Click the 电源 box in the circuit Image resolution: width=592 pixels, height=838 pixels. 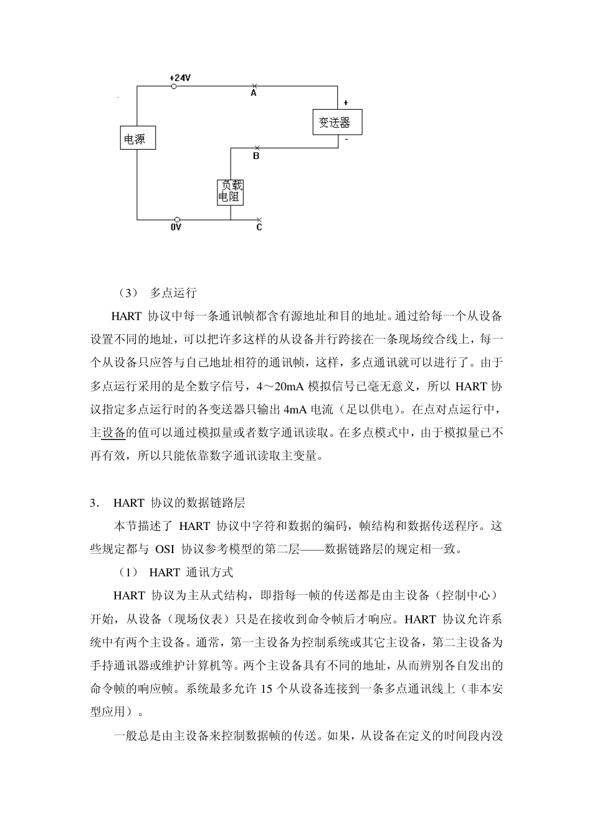point(137,138)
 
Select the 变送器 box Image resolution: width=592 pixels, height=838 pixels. point(337,122)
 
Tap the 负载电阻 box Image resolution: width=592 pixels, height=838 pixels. point(230,192)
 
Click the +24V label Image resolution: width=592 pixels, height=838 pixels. point(180,77)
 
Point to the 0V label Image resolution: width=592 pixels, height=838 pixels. point(176,228)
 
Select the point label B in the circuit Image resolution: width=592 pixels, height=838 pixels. point(256,157)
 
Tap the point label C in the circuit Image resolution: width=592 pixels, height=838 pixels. point(259,228)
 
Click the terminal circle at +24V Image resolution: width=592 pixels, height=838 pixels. point(174,86)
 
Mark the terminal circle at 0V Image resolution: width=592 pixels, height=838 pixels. point(178,219)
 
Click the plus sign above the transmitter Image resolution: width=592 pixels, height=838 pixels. point(346,103)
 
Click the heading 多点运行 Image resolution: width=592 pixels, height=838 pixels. point(173,292)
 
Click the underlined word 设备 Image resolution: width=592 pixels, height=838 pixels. point(113,432)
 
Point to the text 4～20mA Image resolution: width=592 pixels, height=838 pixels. point(280,386)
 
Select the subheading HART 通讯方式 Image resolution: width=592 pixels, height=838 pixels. point(191,572)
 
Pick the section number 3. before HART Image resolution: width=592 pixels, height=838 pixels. point(95,503)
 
